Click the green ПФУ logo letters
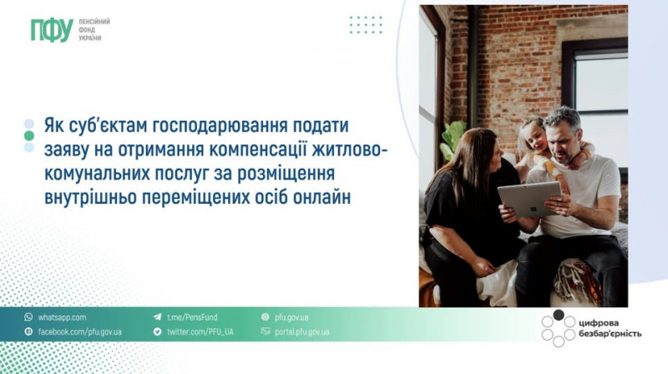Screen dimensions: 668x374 pyautogui.click(x=52, y=30)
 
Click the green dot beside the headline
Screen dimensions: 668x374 pyautogui.click(x=29, y=136)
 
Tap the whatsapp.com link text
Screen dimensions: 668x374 pyautogui.click(x=62, y=317)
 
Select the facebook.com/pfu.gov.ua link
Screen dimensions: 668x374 pyautogui.click(x=79, y=331)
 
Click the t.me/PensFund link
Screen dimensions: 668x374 pyautogui.click(x=192, y=317)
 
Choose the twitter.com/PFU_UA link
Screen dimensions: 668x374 pyautogui.click(x=200, y=331)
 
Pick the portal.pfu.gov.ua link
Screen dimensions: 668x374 pyautogui.click(x=302, y=331)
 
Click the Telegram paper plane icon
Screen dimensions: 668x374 pyautogui.click(x=158, y=317)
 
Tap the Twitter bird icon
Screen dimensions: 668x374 pyautogui.click(x=157, y=331)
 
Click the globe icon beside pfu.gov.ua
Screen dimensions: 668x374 pyautogui.click(x=266, y=317)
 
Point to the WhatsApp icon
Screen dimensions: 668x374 pyautogui.click(x=28, y=317)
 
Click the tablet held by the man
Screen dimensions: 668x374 pyautogui.click(x=529, y=199)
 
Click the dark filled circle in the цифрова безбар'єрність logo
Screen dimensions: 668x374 pyautogui.click(x=559, y=316)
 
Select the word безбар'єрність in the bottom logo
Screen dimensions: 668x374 pyautogui.click(x=610, y=334)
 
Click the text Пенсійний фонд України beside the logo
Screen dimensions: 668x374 pyautogui.click(x=94, y=30)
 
